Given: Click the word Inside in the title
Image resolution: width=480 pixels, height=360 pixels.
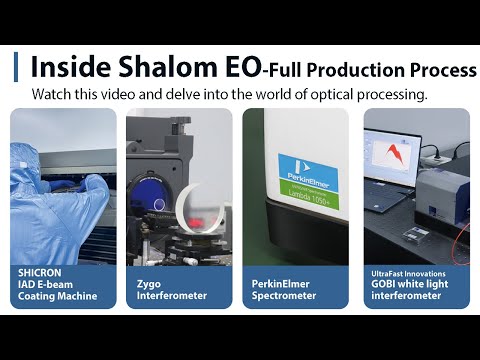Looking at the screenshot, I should coord(67,67).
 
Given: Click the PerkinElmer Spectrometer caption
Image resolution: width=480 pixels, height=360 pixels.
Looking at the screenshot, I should coord(284,289).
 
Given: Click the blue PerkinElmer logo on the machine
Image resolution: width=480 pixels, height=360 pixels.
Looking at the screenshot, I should coord(308,166).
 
